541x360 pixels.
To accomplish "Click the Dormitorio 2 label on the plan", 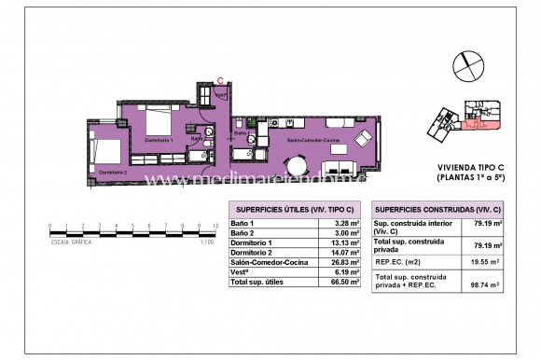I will [x=112, y=173].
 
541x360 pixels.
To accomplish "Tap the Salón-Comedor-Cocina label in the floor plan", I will [x=312, y=140].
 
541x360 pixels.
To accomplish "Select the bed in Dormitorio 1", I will [x=156, y=120].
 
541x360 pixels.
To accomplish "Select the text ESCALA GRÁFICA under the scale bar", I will [x=70, y=241].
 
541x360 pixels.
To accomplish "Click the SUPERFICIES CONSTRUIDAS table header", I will [x=437, y=209].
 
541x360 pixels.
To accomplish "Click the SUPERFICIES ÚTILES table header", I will [x=294, y=209].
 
